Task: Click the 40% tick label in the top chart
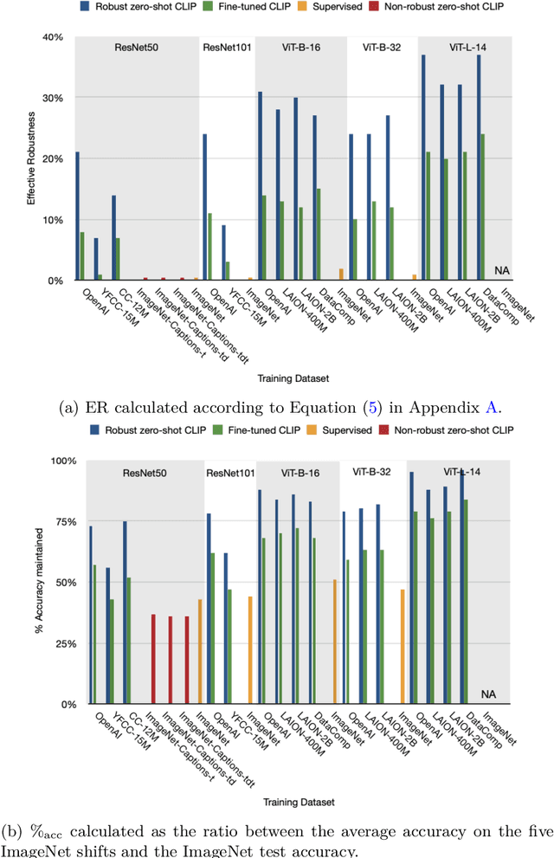[53, 37]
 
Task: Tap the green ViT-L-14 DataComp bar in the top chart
[481, 207]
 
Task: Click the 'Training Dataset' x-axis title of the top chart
[288, 377]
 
